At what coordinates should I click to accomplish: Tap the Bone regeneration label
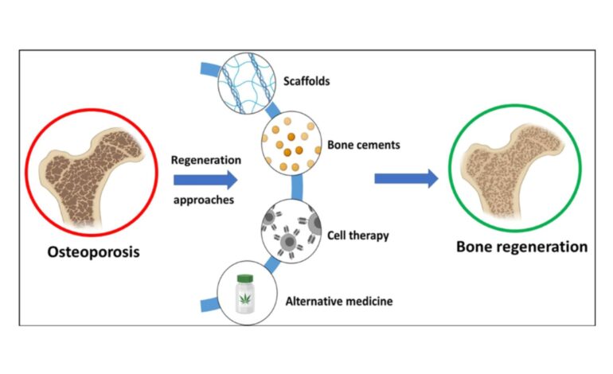521,246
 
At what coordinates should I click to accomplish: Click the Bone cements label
363,146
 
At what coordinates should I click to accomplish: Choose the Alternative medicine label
338,302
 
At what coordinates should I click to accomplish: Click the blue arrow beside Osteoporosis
204,180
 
